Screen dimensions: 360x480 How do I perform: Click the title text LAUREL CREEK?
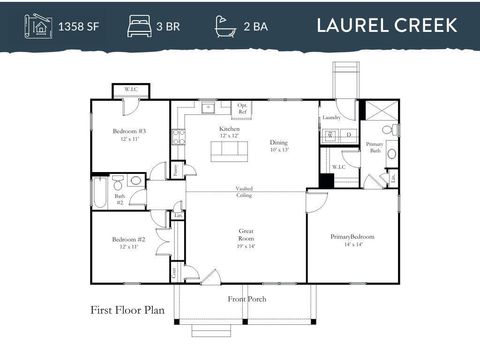[387, 24]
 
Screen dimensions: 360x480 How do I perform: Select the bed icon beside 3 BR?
[137, 24]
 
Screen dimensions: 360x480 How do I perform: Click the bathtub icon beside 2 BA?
[224, 24]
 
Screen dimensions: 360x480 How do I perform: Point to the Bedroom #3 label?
[129, 133]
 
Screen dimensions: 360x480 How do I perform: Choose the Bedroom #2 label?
[129, 240]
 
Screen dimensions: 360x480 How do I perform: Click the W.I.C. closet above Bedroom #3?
[131, 90]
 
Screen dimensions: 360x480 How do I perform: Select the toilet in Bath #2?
[118, 182]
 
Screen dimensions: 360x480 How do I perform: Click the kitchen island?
[230, 150]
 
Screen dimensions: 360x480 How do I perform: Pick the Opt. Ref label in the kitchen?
[243, 107]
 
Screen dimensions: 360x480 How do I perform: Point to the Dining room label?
[278, 143]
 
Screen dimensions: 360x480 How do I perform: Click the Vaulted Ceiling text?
[244, 191]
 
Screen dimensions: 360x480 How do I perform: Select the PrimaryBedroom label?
[352, 236]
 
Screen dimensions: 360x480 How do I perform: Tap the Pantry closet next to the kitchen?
[177, 170]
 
